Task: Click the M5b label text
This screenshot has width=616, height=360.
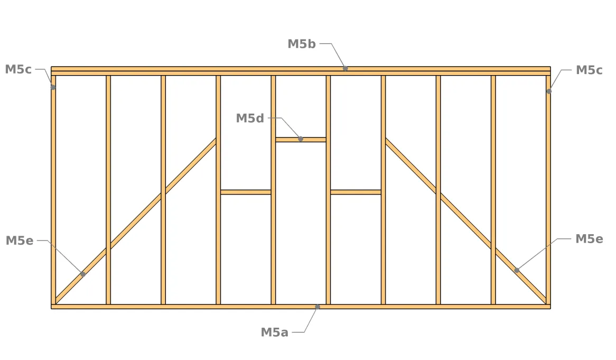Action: point(301,44)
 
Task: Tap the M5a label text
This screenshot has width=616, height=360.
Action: point(275,333)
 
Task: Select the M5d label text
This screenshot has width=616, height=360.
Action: point(250,118)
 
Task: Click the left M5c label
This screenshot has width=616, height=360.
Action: point(18,70)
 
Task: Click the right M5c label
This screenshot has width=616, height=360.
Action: point(589,70)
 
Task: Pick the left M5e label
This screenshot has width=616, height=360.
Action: point(19,241)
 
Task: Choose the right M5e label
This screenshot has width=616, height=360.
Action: point(589,239)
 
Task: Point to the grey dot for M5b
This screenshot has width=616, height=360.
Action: point(346,68)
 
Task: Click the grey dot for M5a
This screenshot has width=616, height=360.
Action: point(318,307)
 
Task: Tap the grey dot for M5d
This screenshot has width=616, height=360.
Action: point(301,139)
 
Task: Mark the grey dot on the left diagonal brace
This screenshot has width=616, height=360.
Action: point(83,274)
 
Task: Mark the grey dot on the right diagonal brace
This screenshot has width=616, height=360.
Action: point(517,270)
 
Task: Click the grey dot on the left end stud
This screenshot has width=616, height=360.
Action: point(53,87)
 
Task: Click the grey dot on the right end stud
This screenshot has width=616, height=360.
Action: point(549,91)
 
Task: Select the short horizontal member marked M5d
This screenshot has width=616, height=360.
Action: point(301,140)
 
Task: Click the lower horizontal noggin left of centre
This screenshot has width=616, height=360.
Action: point(246,192)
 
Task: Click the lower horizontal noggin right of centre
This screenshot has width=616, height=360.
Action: point(356,192)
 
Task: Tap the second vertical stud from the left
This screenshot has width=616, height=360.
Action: point(108,190)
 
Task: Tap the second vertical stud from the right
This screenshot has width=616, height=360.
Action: point(493,190)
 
